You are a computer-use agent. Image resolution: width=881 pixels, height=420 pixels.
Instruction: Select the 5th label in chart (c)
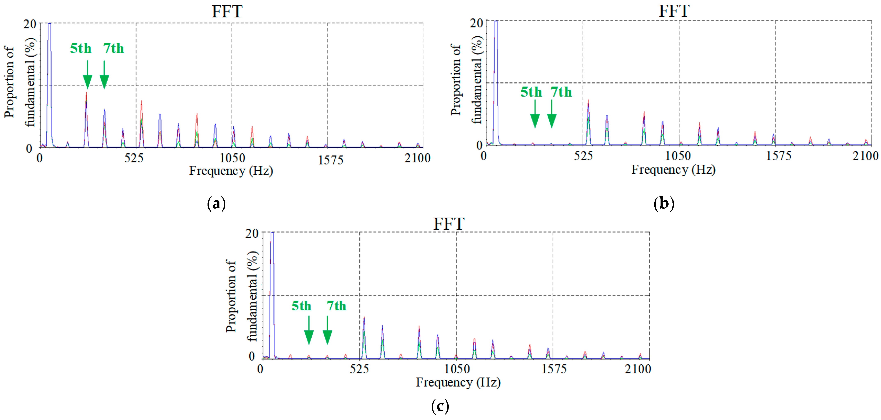coord(301,306)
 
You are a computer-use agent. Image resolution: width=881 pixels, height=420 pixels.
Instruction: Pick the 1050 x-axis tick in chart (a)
coord(232,158)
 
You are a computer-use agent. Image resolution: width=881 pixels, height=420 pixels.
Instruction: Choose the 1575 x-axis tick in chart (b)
coord(778,156)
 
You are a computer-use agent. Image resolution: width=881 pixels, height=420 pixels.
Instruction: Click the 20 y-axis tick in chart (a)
coord(30,24)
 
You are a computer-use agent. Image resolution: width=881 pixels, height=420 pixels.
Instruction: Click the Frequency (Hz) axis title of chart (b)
coord(673,170)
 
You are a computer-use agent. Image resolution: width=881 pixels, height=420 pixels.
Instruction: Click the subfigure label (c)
coord(440,406)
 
